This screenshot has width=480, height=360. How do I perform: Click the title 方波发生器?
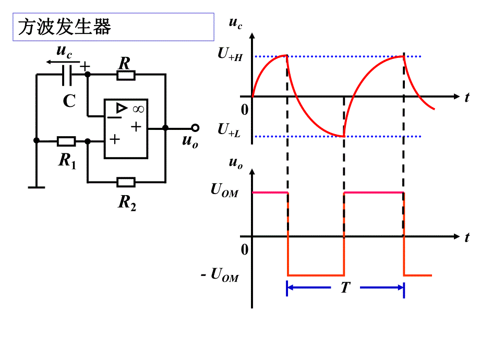[65, 27]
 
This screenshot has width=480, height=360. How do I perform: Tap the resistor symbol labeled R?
[126, 75]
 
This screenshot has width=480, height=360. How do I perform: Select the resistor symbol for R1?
[66, 141]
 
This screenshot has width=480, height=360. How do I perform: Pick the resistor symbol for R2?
[126, 182]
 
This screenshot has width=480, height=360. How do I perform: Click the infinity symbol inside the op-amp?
[138, 109]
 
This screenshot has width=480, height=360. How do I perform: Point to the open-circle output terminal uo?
[195, 128]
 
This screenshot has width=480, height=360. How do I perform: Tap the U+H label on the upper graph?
[230, 56]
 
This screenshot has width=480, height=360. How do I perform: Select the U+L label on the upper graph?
[229, 129]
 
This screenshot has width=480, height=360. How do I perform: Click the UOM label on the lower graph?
[224, 191]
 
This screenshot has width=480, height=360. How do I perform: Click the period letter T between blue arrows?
[345, 287]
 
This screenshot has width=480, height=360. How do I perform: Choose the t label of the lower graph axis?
[467, 237]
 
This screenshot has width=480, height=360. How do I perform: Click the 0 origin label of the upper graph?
[245, 110]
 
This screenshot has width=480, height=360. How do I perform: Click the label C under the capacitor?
[69, 101]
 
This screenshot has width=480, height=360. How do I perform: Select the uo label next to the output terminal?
[190, 140]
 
